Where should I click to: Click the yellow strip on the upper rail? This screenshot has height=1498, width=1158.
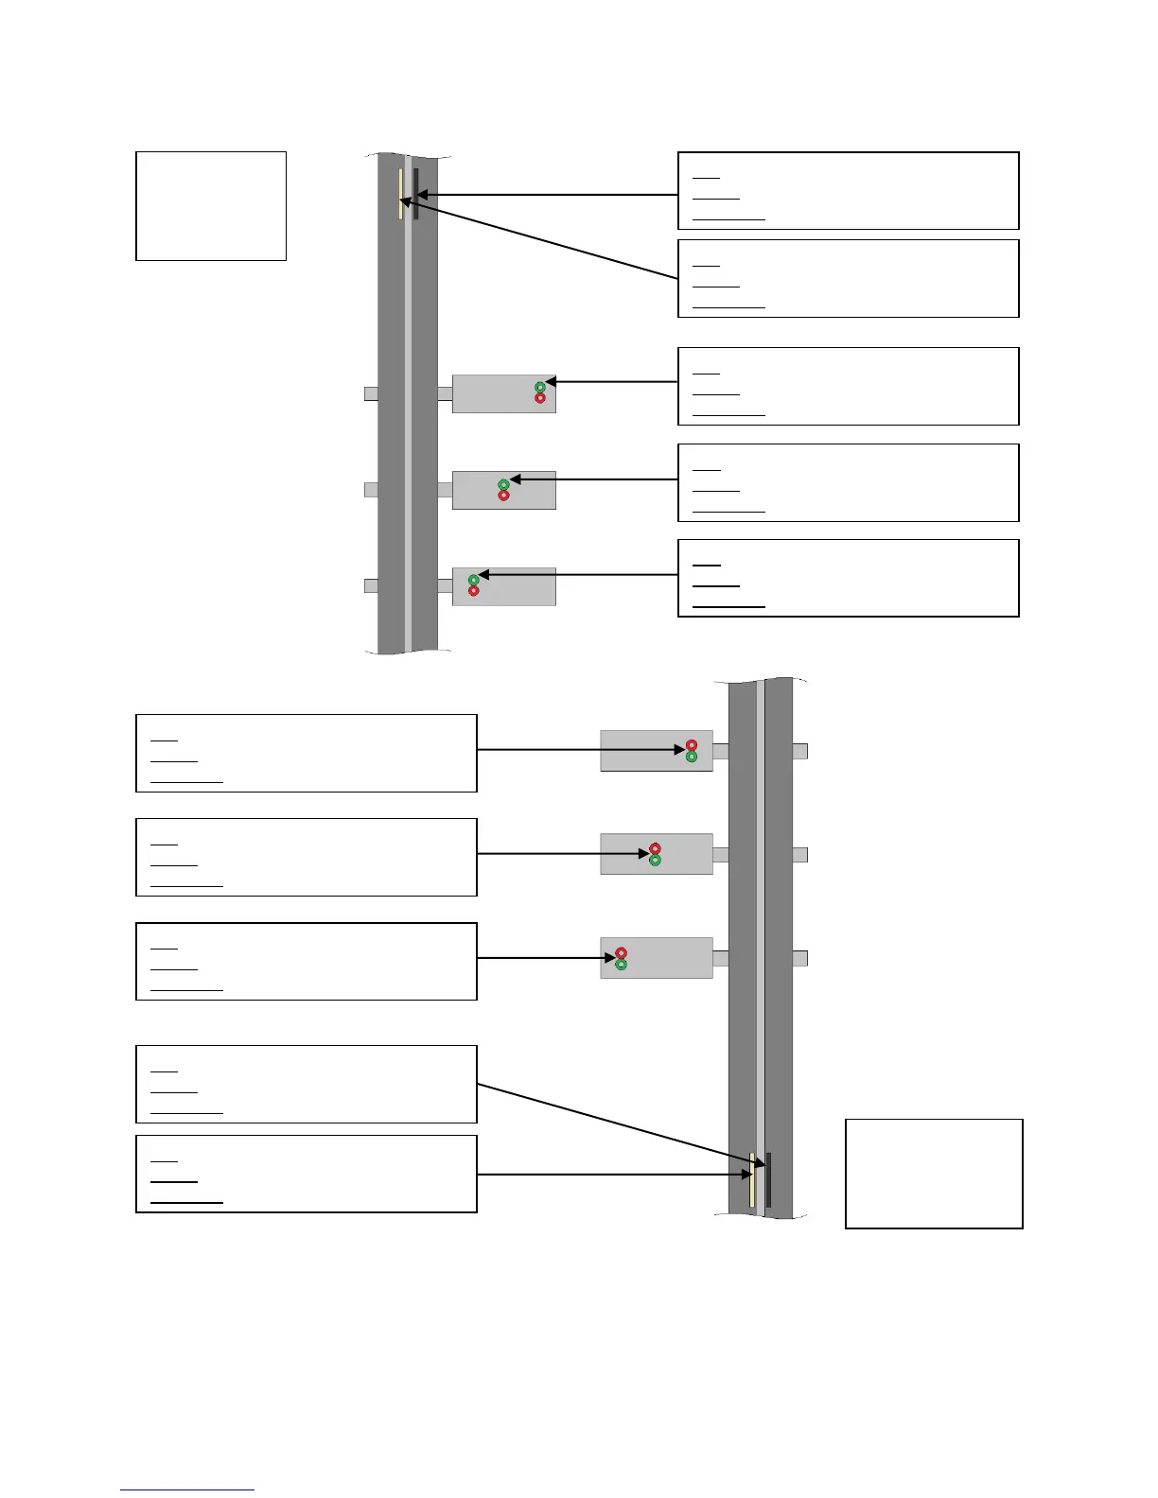point(401,194)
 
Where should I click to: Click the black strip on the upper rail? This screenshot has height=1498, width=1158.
point(415,194)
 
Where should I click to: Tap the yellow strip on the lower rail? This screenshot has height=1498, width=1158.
point(752,1179)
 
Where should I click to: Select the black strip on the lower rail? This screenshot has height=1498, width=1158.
point(768,1179)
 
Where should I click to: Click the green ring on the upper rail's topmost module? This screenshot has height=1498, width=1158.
point(540,387)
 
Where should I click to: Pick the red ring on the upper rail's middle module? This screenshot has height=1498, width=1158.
point(503,496)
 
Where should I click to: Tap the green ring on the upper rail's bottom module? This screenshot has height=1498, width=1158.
point(474,580)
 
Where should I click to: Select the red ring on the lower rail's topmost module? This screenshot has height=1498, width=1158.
point(692,745)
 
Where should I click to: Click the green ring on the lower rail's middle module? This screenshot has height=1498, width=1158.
point(655,861)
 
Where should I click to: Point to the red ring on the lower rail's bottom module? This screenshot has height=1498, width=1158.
point(622,953)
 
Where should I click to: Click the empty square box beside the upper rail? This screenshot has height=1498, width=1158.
point(211,205)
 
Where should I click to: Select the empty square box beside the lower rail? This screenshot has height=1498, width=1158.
point(934,1174)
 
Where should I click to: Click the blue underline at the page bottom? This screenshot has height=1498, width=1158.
point(187,1490)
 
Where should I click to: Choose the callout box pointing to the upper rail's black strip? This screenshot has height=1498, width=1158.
point(849,190)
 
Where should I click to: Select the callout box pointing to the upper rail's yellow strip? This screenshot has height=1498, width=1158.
point(849,278)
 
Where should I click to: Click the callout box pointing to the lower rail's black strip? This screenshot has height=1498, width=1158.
point(307,1084)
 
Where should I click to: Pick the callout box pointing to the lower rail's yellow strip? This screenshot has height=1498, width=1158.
point(307,1174)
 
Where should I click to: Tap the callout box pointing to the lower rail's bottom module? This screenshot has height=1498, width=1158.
point(307,961)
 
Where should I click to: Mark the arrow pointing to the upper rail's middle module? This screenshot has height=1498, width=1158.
point(596,479)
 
